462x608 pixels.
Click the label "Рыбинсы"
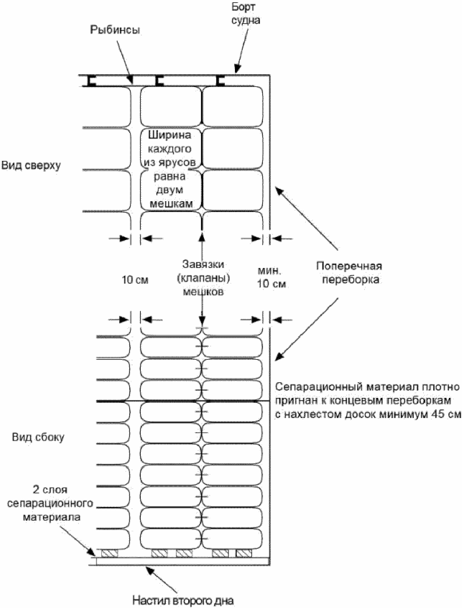tap(115, 30)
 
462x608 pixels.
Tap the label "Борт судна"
tap(245, 13)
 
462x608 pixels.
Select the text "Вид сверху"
tap(31, 165)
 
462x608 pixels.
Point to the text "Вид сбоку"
tap(38, 437)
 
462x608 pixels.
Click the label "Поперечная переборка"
tap(349, 272)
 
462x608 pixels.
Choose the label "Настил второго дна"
tap(183, 601)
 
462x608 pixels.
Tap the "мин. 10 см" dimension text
tap(272, 277)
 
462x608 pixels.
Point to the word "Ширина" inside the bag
tap(170, 135)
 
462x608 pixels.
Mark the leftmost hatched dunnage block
tap(109, 553)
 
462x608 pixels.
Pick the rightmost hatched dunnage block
tap(244, 553)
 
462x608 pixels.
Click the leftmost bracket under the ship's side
tap(91, 81)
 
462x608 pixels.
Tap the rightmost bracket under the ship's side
tap(221, 81)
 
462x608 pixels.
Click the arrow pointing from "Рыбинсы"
tap(125, 62)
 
